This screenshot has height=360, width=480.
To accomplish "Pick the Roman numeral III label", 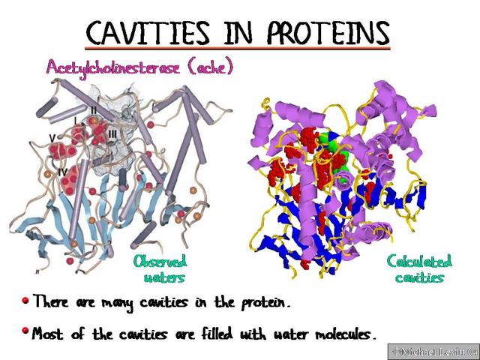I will (111, 133).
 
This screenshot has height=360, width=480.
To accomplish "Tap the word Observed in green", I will (160, 262).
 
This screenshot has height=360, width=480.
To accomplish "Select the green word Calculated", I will (419, 262).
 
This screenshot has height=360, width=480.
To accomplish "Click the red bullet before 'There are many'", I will (25, 301).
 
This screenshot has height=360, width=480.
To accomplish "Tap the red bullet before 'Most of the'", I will (25, 331).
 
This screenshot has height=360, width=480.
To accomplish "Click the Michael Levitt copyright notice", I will (432, 350).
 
